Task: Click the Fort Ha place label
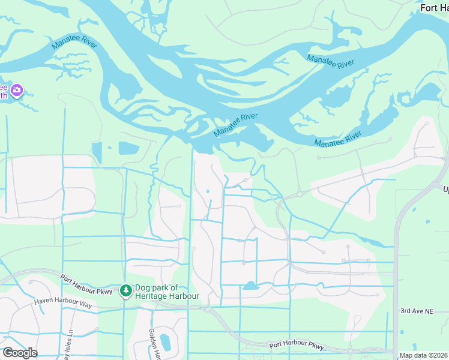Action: click(434, 8)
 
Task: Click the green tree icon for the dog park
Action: click(126, 291)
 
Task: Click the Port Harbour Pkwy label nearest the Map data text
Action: click(296, 346)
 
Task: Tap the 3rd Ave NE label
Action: click(417, 311)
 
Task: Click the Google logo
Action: click(20, 353)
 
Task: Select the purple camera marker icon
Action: click(17, 91)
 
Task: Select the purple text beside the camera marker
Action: click(4, 91)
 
